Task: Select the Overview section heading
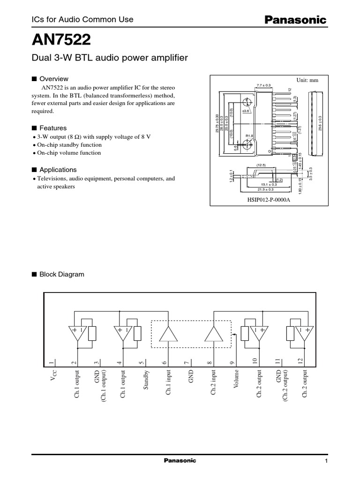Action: tap(53, 79)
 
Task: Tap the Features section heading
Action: tap(52, 128)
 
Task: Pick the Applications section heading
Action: tap(58, 170)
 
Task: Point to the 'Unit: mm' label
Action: tap(307, 80)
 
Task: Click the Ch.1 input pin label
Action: tap(168, 384)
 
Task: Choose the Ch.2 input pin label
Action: tap(214, 384)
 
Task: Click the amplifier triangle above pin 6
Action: tap(168, 333)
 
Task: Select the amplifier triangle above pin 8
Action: tap(214, 333)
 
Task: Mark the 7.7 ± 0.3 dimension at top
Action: tap(264, 85)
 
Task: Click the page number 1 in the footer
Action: tap(325, 462)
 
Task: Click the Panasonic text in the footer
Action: tap(180, 461)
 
